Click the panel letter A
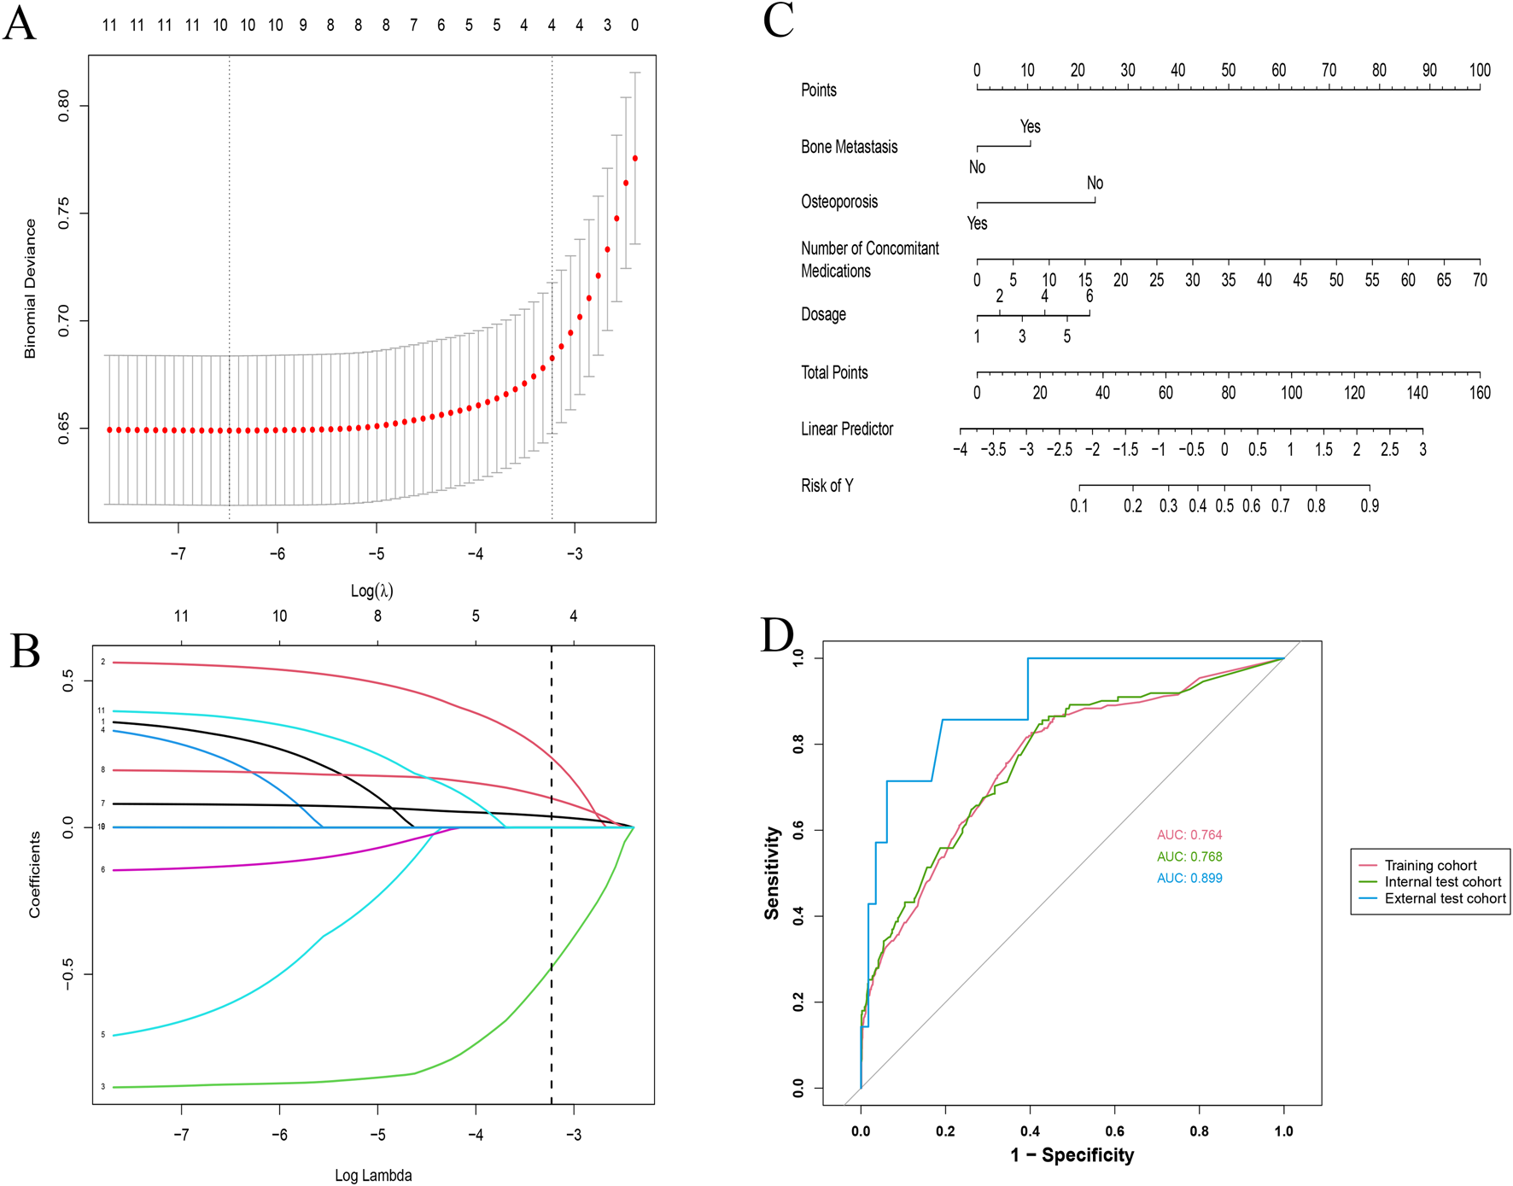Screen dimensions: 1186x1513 coord(20,23)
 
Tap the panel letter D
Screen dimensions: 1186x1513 coord(778,635)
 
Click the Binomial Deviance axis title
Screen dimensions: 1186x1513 coord(31,289)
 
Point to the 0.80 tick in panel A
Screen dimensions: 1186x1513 coord(64,106)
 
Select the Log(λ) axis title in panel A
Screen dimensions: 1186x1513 coord(371,590)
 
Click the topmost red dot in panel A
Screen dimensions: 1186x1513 coord(635,159)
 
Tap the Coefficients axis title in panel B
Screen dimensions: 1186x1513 coord(35,875)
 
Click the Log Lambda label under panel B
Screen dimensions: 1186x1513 coord(373,1176)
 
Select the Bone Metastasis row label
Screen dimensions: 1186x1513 coord(849,147)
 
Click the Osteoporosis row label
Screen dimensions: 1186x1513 coord(838,202)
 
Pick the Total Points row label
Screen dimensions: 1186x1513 coord(833,372)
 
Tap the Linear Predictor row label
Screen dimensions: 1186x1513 coord(846,429)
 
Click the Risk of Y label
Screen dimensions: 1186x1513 coord(827,486)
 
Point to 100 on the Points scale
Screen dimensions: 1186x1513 coord(1479,70)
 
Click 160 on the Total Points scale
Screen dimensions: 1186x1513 coord(1479,393)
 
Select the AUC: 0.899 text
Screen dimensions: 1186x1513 coord(1189,878)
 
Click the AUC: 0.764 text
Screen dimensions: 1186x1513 coord(1189,834)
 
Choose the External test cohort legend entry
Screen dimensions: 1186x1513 coord(1445,898)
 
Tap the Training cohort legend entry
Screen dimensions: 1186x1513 coord(1430,865)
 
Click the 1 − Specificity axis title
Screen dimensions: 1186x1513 coord(1072,1155)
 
